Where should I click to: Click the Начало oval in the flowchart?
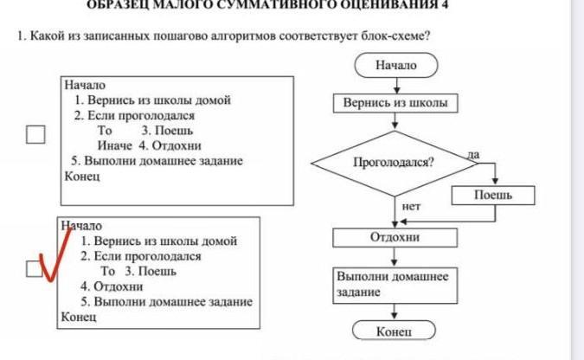395,65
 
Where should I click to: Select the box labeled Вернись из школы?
395,103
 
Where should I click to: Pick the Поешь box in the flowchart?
493,196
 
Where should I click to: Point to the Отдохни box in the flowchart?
395,236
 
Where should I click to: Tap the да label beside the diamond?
472,153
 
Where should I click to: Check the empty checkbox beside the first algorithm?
35,134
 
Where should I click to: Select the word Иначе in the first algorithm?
113,145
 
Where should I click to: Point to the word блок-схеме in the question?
404,36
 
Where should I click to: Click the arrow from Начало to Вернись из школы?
395,85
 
